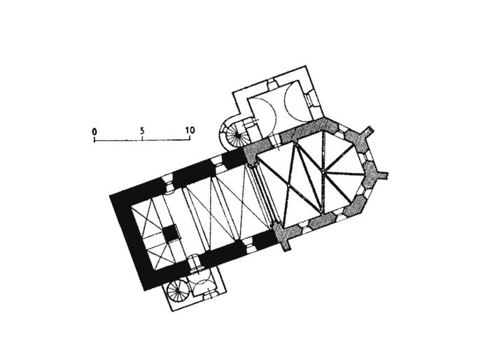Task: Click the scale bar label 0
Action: tap(94, 131)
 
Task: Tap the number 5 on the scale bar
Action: tap(142, 131)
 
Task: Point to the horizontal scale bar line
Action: tap(142, 140)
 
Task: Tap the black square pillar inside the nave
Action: tap(169, 233)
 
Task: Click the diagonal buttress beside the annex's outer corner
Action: tap(369, 132)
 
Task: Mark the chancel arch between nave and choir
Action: tap(264, 197)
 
